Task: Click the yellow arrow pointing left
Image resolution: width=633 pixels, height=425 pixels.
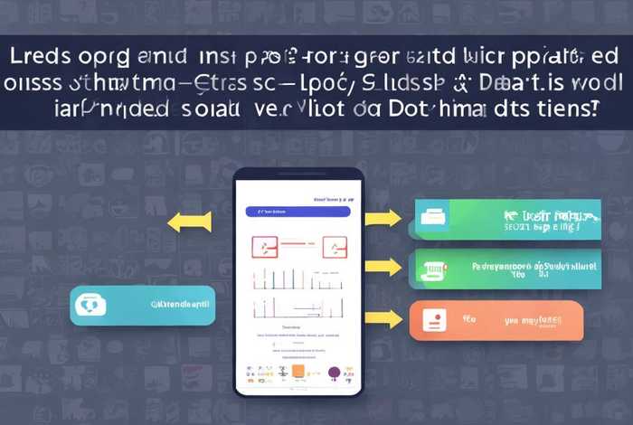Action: coord(189,222)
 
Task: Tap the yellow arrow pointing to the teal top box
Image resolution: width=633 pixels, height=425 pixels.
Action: coord(383,217)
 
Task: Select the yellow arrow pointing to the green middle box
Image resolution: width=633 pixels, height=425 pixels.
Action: coord(383,267)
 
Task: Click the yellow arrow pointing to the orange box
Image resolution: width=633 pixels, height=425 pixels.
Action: coord(383,318)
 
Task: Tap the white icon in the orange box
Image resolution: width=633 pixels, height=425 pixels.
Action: coord(433,320)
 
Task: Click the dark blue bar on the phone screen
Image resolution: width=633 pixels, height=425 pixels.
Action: coord(298,212)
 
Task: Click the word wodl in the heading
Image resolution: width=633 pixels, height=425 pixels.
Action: coord(596,82)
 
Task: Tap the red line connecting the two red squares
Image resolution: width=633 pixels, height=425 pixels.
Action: coord(298,244)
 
